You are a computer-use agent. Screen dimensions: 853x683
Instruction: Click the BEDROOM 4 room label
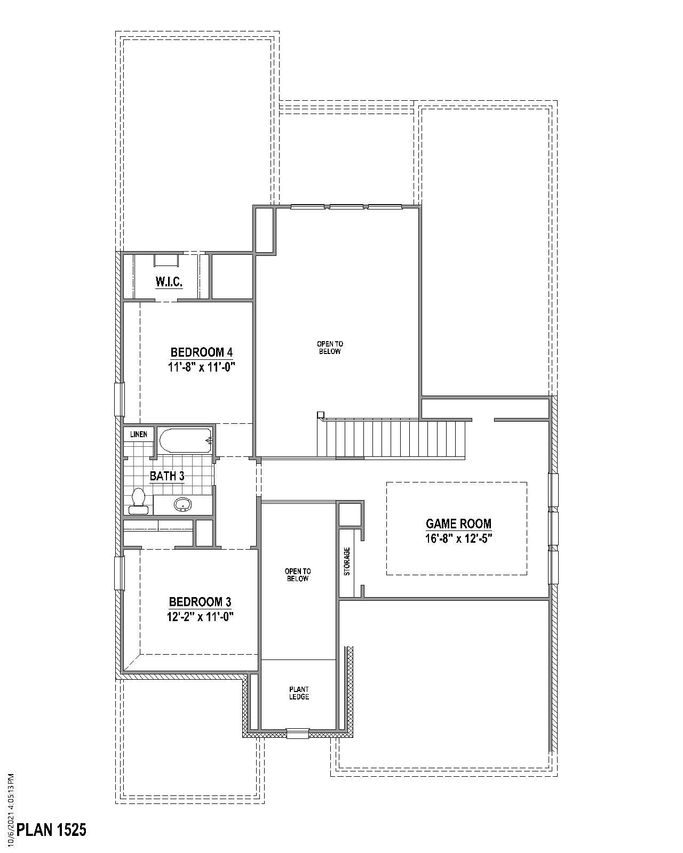pos(202,352)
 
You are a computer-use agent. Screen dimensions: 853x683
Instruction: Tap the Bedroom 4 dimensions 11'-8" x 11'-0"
pos(202,367)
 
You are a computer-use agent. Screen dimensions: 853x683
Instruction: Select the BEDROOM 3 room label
pos(200,602)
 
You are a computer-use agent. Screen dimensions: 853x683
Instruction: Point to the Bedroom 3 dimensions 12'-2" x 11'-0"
pos(200,617)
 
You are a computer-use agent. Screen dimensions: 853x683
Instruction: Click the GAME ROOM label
pos(458,524)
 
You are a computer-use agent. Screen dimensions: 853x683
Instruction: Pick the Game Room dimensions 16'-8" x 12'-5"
pos(458,538)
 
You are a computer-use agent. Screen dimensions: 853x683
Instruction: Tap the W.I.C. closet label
pos(169,282)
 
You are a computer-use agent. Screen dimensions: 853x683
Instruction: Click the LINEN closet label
pos(139,434)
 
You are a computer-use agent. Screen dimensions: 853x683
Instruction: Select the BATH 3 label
pos(167,476)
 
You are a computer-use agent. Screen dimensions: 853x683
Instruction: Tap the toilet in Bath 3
pos(139,501)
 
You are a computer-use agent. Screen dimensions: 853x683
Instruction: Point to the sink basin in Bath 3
pos(183,504)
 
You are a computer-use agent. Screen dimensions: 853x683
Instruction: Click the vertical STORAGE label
pos(347,561)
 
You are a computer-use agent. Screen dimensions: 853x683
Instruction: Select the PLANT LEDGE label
pos(299,693)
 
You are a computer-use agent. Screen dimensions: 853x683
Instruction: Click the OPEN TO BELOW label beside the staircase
pos(330,348)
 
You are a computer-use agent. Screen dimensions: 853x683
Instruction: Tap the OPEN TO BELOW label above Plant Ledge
pos(298,575)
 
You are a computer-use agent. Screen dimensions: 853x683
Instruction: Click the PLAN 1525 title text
pos(52,830)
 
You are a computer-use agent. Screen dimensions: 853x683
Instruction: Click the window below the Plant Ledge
pos(298,734)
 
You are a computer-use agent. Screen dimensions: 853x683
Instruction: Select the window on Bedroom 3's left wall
pos(120,573)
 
